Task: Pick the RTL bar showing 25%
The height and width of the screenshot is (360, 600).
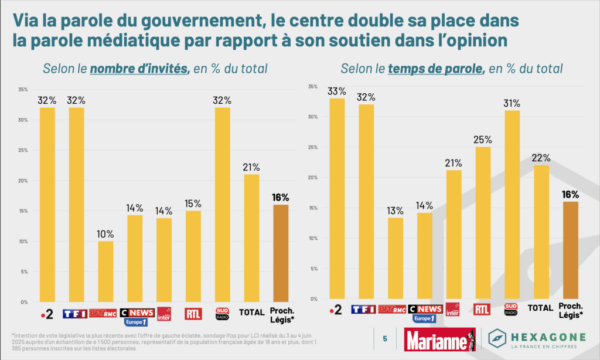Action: (483, 223)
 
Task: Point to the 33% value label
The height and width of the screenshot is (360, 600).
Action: (336, 91)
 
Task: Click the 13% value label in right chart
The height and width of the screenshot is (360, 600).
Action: (396, 210)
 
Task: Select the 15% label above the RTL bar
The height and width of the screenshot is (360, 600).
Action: (193, 203)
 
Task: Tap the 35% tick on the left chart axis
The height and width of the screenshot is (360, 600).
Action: (23, 90)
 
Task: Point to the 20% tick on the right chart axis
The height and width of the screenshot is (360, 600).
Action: (313, 178)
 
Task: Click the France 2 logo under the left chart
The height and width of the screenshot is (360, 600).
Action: (47, 314)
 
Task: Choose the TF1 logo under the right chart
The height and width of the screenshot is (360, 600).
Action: (363, 309)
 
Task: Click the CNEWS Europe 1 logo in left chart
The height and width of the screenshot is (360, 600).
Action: (137, 315)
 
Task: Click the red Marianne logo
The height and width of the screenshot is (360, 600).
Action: (439, 339)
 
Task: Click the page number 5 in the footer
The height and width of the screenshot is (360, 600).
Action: (385, 338)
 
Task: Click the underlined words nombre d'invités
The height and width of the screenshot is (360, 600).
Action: (138, 69)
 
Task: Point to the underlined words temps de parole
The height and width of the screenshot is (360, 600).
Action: (436, 69)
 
